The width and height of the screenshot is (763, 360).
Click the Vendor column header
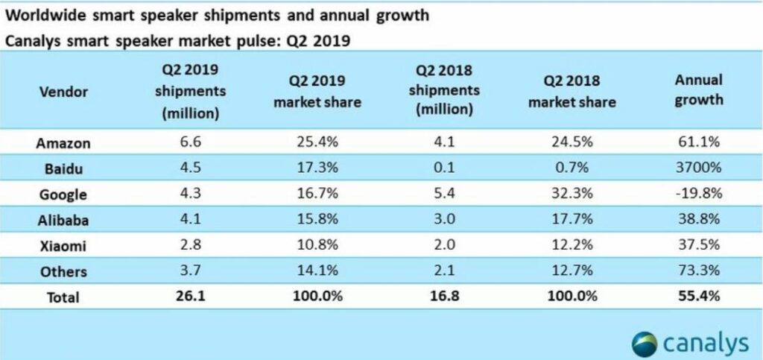pos(64,92)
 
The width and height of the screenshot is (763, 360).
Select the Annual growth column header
pos(699,90)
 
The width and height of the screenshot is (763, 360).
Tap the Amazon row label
pos(63,144)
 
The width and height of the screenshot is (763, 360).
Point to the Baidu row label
pos(63,168)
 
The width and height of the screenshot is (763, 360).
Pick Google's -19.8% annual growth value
pos(699,194)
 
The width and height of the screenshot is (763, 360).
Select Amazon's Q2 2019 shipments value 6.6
pos(191,142)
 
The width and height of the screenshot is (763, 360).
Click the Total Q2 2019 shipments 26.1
pos(191,296)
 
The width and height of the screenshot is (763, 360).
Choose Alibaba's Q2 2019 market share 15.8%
pos(317,219)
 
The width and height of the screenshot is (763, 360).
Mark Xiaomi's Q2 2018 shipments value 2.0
pos(444,244)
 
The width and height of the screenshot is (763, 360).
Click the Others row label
pos(63,271)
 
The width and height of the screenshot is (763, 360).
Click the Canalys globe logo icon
pos(645,344)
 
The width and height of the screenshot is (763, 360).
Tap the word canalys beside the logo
pos(706,344)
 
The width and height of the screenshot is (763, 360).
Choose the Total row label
pos(63,297)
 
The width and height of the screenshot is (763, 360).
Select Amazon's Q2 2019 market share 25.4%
pos(317,142)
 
